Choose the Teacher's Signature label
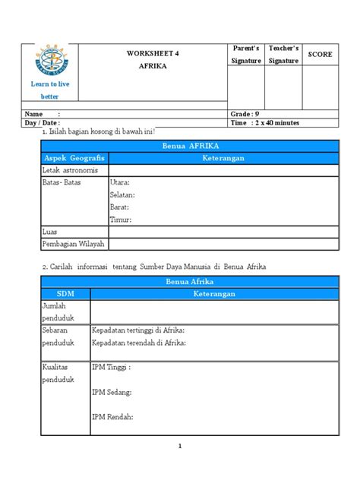(x=283, y=55)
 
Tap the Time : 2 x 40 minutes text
(x=265, y=122)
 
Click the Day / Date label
(x=43, y=122)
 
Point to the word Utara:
(x=120, y=182)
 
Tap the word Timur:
(x=121, y=219)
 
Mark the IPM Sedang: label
(x=112, y=392)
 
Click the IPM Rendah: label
(x=112, y=416)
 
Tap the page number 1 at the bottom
(x=180, y=446)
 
